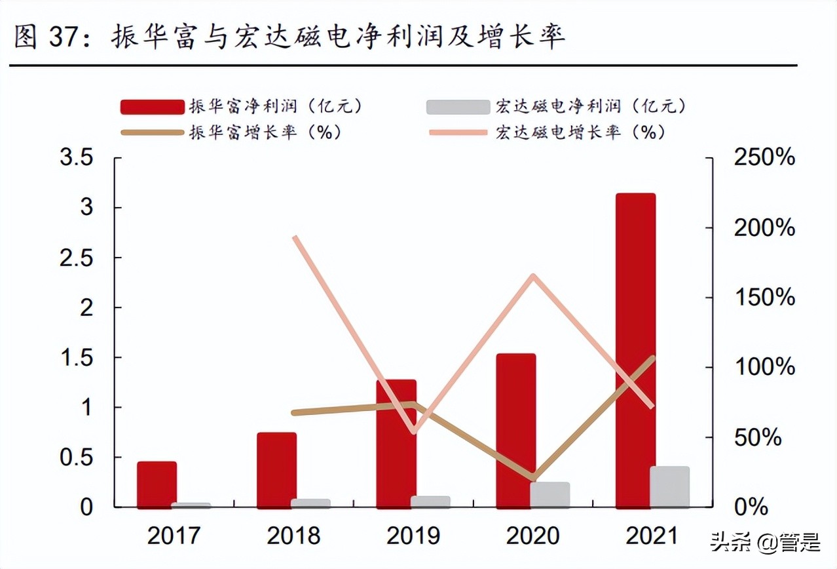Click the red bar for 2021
coord(635,350)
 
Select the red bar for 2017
coord(157,484)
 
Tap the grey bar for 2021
coord(669,486)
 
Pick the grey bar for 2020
coord(550,494)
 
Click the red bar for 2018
coord(276,469)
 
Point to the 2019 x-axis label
coord(413,536)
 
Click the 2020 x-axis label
coord(533,536)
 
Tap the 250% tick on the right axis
coord(764,158)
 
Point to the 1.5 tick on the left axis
coord(76,357)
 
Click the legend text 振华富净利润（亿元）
coord(275,106)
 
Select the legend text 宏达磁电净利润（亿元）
coord(590,106)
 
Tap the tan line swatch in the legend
coord(152,132)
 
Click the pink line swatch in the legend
coord(458,132)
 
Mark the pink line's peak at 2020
coord(534,276)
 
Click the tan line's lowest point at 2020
coord(534,477)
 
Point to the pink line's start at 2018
coord(295,237)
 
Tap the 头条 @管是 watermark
coord(763,543)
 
